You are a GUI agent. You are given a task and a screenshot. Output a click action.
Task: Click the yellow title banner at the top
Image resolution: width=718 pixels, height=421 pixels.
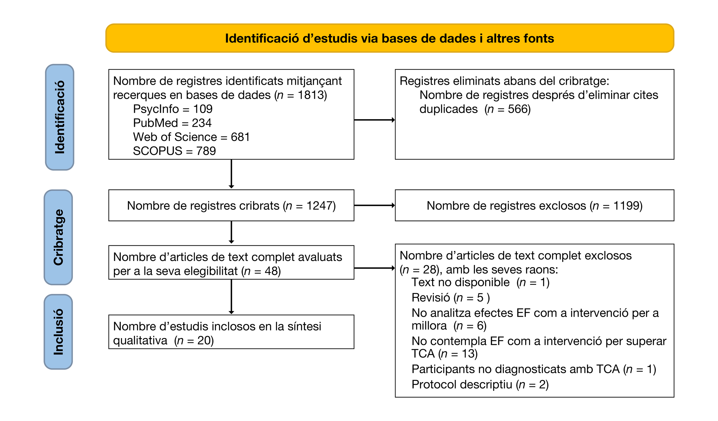pos(389,38)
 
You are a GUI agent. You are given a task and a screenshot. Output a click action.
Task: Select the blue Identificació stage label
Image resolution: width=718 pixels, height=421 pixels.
pos(60,117)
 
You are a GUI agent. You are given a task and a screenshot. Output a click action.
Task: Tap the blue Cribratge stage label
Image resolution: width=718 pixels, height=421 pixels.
pos(58,237)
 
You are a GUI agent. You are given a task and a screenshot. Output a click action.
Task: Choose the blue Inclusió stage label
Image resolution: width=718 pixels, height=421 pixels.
pos(58,332)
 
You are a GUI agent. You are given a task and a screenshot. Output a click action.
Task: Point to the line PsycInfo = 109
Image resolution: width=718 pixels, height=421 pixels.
pos(173,109)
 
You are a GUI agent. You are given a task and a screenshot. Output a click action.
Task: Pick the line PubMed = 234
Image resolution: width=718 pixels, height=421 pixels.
pos(172,123)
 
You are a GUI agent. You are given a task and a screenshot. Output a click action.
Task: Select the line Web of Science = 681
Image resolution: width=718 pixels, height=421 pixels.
pos(191,137)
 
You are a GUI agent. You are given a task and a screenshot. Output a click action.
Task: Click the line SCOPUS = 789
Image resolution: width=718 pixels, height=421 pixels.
pos(174,151)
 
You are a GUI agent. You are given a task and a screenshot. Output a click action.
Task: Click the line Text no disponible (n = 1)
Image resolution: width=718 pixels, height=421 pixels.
pos(480,282)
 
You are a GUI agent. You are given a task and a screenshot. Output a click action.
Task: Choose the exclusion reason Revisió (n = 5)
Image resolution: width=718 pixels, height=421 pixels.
pos(450,298)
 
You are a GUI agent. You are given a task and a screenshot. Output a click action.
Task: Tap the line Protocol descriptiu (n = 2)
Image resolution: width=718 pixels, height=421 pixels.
pos(480,384)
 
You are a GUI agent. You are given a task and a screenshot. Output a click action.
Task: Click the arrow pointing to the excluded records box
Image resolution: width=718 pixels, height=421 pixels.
pos(374,205)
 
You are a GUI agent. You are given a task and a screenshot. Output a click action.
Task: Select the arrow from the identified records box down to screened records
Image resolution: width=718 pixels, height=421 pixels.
pos(231,174)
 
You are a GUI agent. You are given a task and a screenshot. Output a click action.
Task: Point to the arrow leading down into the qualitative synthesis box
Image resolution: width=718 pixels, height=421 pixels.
pos(231,297)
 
